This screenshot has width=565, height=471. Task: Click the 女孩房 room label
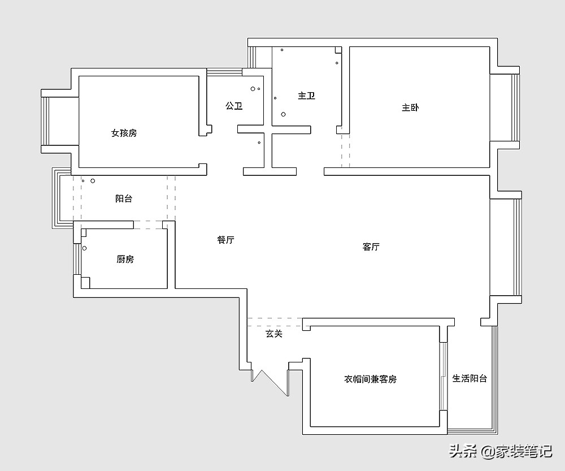click(124, 133)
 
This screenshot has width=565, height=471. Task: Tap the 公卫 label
click(234, 106)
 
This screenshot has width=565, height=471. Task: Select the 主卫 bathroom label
click(306, 96)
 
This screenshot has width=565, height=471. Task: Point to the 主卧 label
click(410, 107)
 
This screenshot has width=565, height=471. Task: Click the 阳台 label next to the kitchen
click(124, 198)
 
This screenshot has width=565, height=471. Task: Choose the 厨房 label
click(125, 259)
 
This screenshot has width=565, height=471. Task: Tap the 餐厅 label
click(225, 240)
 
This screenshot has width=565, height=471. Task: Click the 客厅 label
click(371, 247)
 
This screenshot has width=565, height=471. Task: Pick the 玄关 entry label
click(274, 334)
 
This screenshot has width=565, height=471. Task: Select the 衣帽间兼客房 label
click(371, 379)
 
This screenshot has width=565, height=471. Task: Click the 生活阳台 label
click(470, 378)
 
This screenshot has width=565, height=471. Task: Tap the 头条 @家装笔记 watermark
click(500, 451)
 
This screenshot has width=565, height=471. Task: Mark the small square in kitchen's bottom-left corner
click(85, 282)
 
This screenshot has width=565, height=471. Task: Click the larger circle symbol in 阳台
click(93, 181)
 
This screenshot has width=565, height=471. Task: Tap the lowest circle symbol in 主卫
click(284, 114)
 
